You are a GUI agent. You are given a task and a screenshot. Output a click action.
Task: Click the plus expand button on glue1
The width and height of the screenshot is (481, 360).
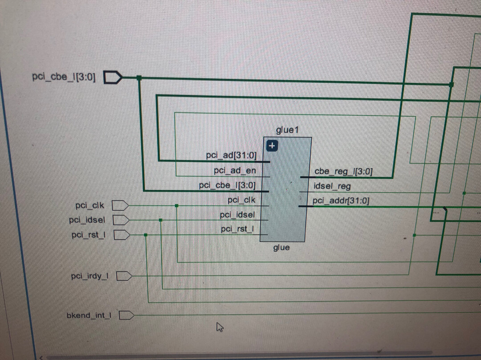coord(272,145)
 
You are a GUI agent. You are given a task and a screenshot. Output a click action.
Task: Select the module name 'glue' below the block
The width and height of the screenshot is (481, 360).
coord(281,248)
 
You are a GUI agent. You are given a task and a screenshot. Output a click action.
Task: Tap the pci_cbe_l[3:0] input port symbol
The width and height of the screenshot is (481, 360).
coord(113,78)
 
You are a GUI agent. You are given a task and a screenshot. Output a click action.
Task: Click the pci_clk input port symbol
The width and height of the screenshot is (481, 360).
coord(120,205)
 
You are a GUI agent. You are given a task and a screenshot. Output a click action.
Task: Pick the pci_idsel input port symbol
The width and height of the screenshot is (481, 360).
coord(121,220)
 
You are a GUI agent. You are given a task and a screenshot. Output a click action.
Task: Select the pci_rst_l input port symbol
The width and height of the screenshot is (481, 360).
coord(121,235)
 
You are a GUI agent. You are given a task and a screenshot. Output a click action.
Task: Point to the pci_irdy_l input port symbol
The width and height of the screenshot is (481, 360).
coord(124,277)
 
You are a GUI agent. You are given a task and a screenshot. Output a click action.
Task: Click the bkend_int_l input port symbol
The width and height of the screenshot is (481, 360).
coord(127,315)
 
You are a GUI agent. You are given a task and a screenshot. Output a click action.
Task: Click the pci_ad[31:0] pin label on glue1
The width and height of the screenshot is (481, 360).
coord(231,155)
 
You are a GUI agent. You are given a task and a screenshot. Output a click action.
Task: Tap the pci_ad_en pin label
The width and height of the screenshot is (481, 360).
coord(235,170)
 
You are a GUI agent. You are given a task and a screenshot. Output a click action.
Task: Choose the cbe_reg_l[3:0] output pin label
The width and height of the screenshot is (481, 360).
coord(343,171)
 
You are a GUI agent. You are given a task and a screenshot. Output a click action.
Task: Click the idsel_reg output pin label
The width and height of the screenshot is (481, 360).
coord(332,186)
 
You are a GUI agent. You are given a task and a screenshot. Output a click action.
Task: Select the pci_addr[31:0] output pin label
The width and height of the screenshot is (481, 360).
coord(341,201)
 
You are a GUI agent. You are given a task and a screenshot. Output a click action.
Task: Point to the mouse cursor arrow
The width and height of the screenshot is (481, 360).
coord(219,327)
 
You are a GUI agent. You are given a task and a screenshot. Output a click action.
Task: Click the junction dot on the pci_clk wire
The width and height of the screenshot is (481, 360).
coord(177,206)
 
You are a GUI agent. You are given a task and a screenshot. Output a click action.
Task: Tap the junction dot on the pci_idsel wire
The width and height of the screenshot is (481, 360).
coord(161,220)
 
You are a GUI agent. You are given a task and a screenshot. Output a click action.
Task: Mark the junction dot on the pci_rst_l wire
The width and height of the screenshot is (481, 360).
coord(146,235)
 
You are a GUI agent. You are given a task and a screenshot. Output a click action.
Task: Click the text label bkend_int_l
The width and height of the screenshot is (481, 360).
coord(89,315)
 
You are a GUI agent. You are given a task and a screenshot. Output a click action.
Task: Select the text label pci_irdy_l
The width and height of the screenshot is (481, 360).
coord(90,277)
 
